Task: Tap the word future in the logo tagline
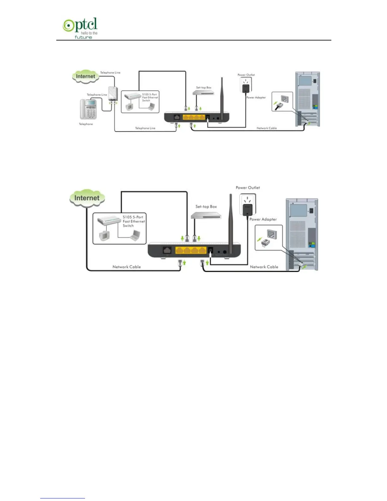pyautogui.click(x=83, y=37)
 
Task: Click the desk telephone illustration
pyautogui.click(x=88, y=109)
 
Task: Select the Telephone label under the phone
pyautogui.click(x=86, y=124)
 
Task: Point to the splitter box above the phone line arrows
pyautogui.click(x=113, y=94)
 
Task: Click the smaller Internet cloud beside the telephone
pyautogui.click(x=85, y=77)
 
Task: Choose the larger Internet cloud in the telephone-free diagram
pyautogui.click(x=87, y=198)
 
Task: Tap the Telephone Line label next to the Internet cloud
pyautogui.click(x=110, y=73)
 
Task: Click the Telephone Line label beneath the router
pyautogui.click(x=145, y=128)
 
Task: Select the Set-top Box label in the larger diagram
pyautogui.click(x=206, y=207)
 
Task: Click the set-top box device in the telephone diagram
pyautogui.click(x=204, y=93)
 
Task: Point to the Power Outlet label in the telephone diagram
pyautogui.click(x=246, y=75)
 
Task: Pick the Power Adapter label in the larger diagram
pyautogui.click(x=263, y=219)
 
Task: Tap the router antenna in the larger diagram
pyautogui.click(x=231, y=218)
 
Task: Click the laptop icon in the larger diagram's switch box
pyautogui.click(x=136, y=235)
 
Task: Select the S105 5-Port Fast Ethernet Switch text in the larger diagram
pyautogui.click(x=134, y=221)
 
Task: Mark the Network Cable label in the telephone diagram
pyautogui.click(x=267, y=128)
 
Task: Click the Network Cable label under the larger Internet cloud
pyautogui.click(x=126, y=267)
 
